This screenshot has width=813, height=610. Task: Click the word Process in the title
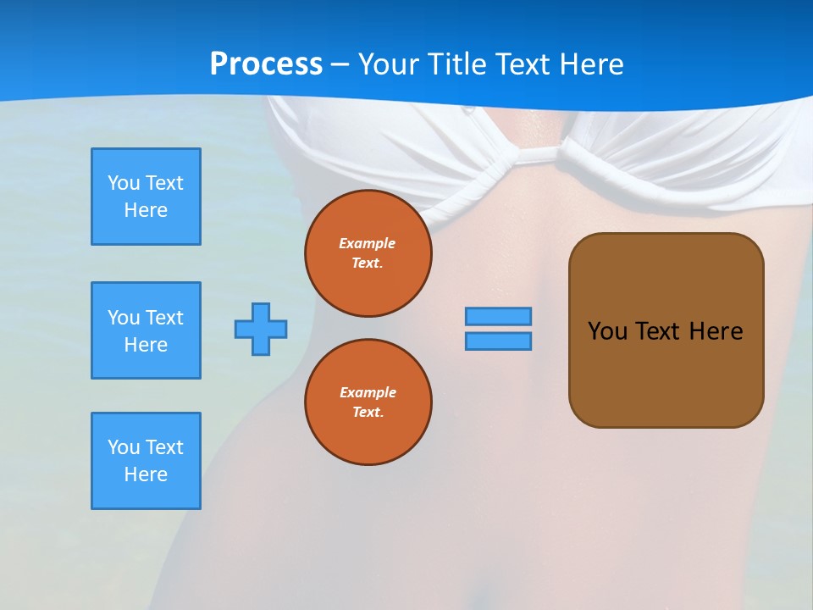click(x=266, y=64)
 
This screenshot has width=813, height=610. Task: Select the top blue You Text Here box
click(x=146, y=197)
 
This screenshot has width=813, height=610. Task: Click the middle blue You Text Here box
click(x=146, y=330)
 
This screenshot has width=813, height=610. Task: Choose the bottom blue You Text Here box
click(x=146, y=461)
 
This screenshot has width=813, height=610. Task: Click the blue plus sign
click(x=261, y=329)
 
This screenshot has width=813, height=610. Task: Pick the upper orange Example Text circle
click(x=368, y=252)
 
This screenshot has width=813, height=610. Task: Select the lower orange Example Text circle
click(x=368, y=402)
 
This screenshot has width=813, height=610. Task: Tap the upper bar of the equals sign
click(x=498, y=316)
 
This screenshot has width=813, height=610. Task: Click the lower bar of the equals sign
click(x=498, y=341)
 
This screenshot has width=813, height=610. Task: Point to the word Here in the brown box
click(x=716, y=330)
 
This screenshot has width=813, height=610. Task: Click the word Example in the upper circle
click(x=368, y=243)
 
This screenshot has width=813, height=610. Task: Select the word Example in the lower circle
click(x=368, y=392)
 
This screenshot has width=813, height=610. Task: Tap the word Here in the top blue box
click(x=146, y=210)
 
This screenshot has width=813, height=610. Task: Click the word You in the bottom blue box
click(x=124, y=447)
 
